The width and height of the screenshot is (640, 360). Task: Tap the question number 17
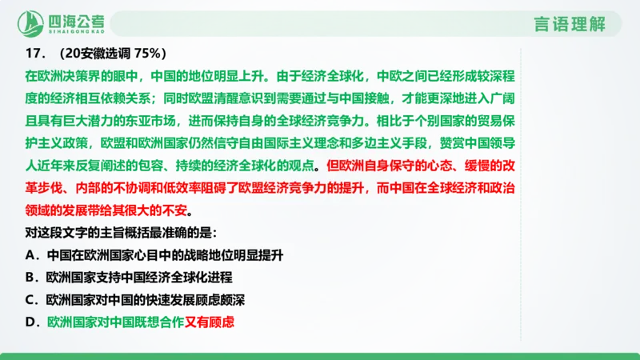point(34,54)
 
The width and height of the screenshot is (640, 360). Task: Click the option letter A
point(29,257)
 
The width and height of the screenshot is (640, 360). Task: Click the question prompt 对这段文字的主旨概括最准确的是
point(121,234)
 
